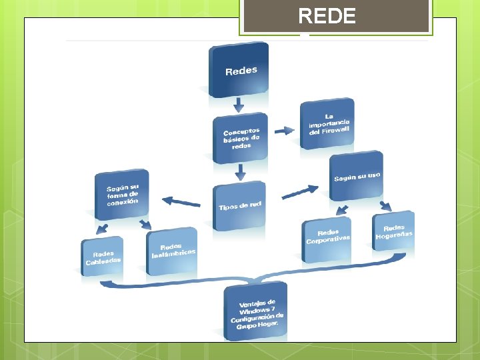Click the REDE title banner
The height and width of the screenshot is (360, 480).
pos(336,16)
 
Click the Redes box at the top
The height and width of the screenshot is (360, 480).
pos(239,69)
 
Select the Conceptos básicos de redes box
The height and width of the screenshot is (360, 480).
pos(241,139)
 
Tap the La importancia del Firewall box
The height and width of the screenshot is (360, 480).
pos(327,124)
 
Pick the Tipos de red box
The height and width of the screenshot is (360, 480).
pos(239,205)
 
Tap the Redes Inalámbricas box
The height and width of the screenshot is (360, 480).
pos(172,251)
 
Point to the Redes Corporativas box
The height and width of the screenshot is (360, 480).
pos(327,237)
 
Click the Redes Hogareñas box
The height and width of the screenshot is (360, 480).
pos(393,231)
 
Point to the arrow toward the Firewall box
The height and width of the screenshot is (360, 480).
pos(285,131)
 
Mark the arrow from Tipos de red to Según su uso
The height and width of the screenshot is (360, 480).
pos(300,192)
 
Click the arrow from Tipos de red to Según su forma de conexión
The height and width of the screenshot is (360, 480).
pos(181,201)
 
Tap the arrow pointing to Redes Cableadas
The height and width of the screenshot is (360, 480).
pos(102,229)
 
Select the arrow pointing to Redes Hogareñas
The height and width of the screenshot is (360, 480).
pos(385,206)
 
